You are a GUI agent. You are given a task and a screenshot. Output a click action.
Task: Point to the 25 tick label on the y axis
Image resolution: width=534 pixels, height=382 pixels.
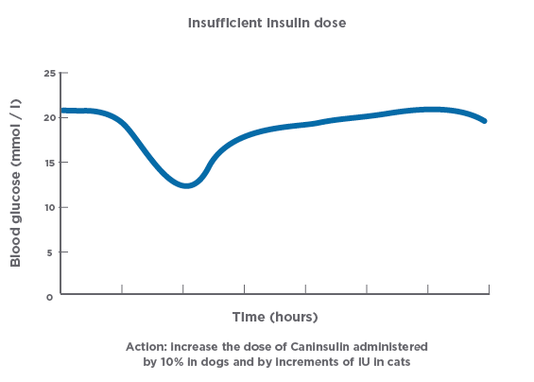49,73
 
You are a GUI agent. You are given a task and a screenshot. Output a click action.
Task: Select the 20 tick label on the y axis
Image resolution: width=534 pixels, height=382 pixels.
49,117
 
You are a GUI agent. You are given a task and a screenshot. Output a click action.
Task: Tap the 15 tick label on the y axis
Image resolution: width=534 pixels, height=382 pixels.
49,162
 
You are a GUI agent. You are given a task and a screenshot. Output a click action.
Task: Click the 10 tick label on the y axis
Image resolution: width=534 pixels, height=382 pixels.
49,207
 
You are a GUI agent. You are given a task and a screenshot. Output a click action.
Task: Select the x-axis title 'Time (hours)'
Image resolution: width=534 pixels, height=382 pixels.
275,316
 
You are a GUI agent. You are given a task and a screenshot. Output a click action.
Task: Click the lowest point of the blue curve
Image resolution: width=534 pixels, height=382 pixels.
186,186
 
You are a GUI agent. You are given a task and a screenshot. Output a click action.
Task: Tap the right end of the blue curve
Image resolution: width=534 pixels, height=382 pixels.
485,121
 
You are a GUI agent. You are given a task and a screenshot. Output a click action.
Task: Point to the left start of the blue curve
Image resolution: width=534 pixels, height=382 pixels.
62,111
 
